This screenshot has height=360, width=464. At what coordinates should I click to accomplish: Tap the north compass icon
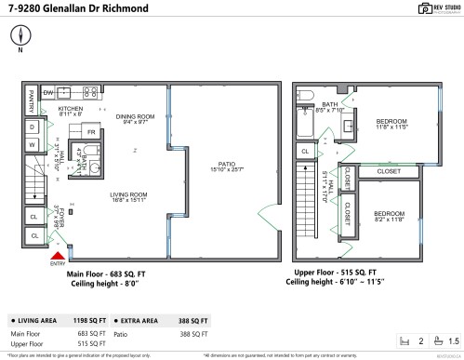pyautogui.click(x=20, y=37)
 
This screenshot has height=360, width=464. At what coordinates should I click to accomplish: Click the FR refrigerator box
pyautogui.click(x=90, y=132)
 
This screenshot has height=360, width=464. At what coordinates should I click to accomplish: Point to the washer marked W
pyautogui.click(x=32, y=145)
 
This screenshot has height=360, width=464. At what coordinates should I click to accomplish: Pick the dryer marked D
pyautogui.click(x=32, y=127)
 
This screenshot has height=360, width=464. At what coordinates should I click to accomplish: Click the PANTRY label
pyautogui.click(x=30, y=93)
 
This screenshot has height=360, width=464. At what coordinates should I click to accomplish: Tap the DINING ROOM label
pyautogui.click(x=132, y=117)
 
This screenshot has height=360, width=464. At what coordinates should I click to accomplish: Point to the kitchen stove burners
pyautogui.click(x=90, y=92)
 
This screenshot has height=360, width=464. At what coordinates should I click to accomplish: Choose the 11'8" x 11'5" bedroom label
pyautogui.click(x=391, y=125)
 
